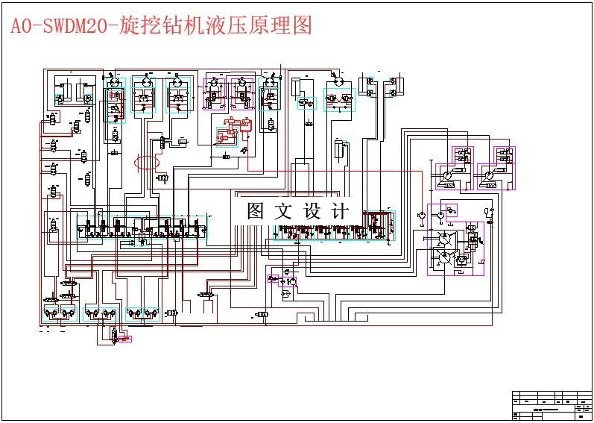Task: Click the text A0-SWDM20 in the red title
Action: [x=58, y=27]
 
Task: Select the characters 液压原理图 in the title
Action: [x=268, y=26]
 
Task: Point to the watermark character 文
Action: [x=284, y=211]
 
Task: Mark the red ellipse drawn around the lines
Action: [x=147, y=163]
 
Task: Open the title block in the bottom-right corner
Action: [x=552, y=405]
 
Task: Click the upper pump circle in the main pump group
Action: [x=445, y=238]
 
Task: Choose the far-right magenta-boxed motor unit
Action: [x=498, y=168]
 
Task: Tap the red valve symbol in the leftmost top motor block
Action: [x=114, y=95]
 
